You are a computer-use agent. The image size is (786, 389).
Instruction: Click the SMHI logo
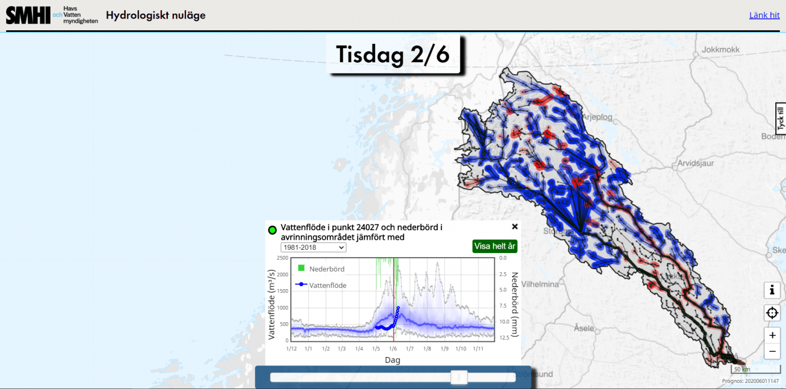coord(28,15)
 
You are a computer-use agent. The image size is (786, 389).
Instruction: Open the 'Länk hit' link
coord(764,15)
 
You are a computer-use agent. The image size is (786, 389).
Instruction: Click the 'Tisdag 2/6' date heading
coord(393,54)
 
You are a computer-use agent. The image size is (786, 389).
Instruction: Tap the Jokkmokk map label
coord(720,49)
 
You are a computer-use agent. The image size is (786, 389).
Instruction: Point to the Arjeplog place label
coord(597,117)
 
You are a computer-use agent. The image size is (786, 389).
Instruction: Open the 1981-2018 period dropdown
coord(313,248)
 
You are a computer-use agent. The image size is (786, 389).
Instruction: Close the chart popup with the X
coord(514,227)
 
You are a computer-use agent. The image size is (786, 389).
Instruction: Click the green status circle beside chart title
coord(273,230)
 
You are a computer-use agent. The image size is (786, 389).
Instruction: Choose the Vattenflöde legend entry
coord(328,285)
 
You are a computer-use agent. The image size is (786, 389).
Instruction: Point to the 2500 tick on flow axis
coord(282,258)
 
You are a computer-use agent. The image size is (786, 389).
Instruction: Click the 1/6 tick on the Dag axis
coord(393,349)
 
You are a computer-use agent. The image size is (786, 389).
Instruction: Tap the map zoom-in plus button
coord(772,335)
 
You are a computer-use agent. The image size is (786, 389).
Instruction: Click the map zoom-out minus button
coord(772,351)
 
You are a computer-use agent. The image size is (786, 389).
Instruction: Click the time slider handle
coord(459,377)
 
